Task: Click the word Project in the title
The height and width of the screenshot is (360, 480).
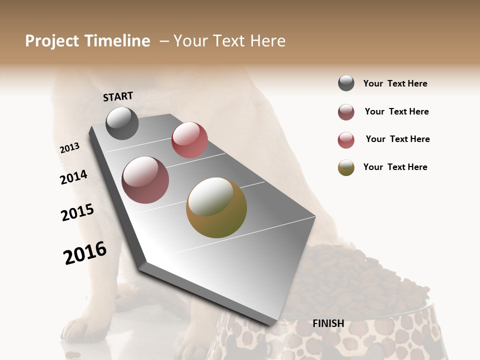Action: coord(52,41)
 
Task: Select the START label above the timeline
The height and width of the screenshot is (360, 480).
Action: coord(118,96)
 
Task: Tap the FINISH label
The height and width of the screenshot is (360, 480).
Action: coord(328,323)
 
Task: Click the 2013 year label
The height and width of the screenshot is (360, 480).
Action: coord(69,148)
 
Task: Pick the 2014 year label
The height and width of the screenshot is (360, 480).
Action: coord(73,177)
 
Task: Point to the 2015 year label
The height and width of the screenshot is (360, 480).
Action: coord(77,212)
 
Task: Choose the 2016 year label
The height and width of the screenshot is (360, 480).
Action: coord(85,253)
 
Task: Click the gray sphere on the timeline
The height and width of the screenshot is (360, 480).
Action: coord(122,123)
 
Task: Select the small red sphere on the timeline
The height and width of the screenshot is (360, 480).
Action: coord(189,140)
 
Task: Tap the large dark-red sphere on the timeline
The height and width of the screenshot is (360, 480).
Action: coord(145,180)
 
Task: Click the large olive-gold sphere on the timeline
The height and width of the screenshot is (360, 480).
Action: coord(216,207)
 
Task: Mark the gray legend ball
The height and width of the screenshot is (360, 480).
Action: coord(346,83)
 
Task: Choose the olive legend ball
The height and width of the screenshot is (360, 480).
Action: coord(346,167)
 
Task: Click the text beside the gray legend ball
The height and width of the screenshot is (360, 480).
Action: coord(395,83)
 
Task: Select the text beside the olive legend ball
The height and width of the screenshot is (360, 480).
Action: coord(395,167)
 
